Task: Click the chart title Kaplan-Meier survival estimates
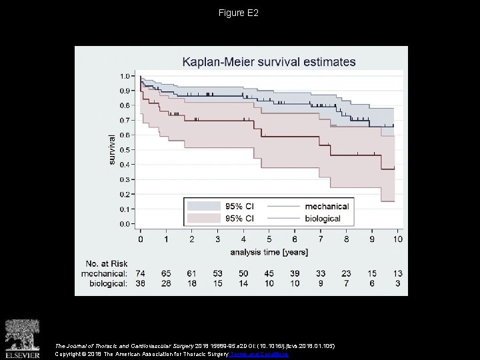pyautogui.click(x=269, y=62)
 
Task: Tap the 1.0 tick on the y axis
pyautogui.click(x=125, y=75)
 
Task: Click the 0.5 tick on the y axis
pyautogui.click(x=125, y=150)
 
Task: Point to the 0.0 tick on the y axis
pyautogui.click(x=125, y=225)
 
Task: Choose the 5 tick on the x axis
pyautogui.click(x=268, y=239)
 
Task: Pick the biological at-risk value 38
pyautogui.click(x=141, y=284)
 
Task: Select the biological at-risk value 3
pyautogui.click(x=397, y=284)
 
